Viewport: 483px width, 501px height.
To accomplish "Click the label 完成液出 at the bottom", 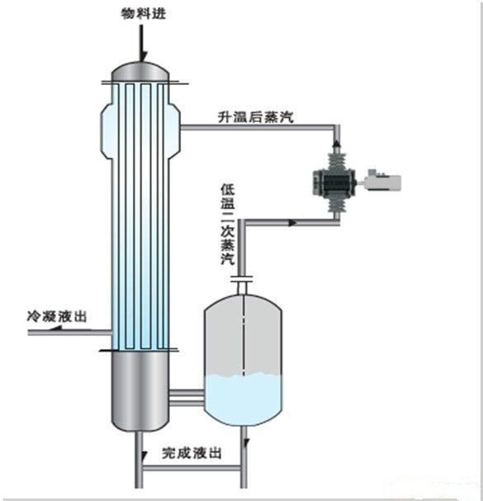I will (x=192, y=453).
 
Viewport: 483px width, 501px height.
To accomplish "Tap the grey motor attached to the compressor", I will (x=381, y=180).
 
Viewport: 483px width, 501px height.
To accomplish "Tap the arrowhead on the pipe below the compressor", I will (x=292, y=221).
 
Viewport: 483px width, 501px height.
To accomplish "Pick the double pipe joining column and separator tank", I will (x=187, y=398).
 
